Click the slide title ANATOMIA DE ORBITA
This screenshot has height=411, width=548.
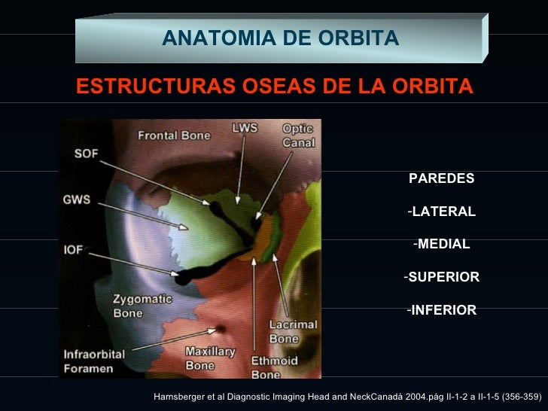tap(280, 38)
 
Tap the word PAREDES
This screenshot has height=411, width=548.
tap(441, 179)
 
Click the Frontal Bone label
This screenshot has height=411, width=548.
tap(174, 135)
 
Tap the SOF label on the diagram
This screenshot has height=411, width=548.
tap(85, 154)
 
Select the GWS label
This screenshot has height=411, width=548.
tap(77, 200)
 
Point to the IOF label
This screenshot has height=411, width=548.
tap(73, 248)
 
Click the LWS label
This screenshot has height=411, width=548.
tap(244, 127)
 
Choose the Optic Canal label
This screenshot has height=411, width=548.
tap(298, 135)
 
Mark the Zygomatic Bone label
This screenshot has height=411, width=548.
tap(142, 305)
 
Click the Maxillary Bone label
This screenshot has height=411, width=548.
tap(210, 359)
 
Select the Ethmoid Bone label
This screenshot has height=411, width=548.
tap(266, 367)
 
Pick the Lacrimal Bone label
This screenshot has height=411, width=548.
tap(293, 332)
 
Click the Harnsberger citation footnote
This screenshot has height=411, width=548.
tap(347, 396)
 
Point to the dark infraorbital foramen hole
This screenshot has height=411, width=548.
tap(221, 329)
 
